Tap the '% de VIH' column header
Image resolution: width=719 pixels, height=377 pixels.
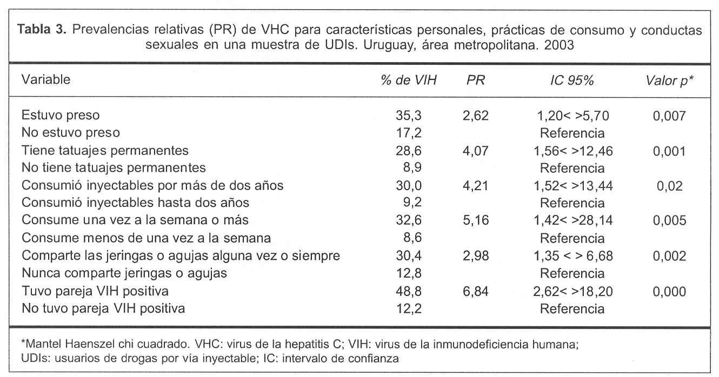point(408,80)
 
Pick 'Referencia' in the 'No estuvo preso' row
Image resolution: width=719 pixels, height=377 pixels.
point(572,132)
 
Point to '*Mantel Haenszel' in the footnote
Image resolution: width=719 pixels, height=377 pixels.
point(55,343)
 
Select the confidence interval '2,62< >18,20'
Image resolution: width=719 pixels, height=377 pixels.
point(572,292)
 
